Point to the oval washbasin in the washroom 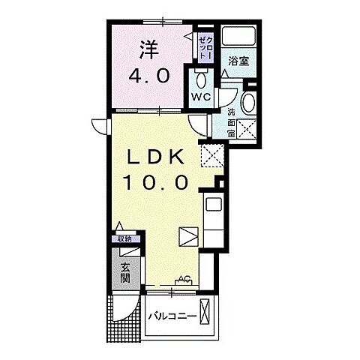pyautogui.click(x=250, y=103)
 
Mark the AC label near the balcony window pyautogui.click(x=181, y=280)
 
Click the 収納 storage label pyautogui.click(x=124, y=238)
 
